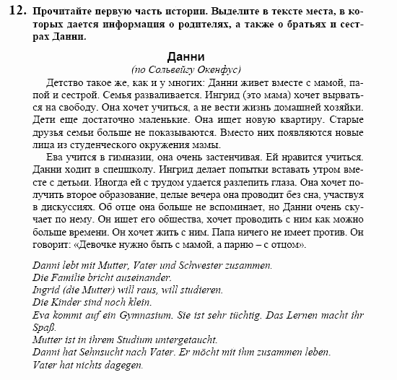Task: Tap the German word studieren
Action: (177, 290)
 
